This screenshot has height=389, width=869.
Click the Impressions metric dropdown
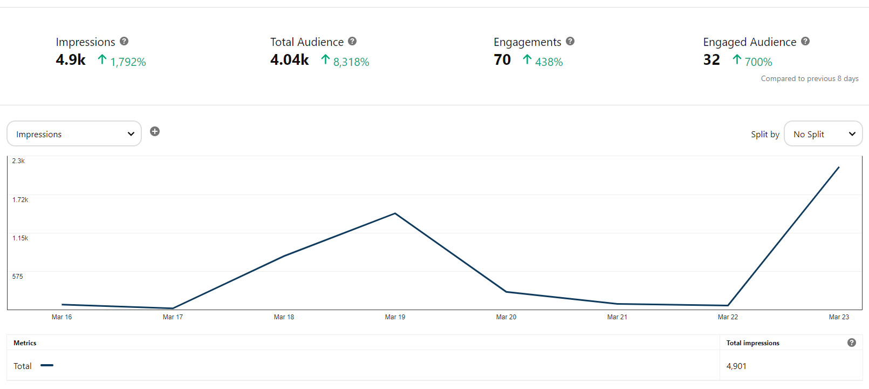pos(74,134)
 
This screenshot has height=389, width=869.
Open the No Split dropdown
pos(823,134)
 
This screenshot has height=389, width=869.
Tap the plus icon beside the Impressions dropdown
pos(155,131)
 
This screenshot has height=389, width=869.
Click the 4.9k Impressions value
pos(71,60)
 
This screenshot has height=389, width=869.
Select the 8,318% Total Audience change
pos(351,62)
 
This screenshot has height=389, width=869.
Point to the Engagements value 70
pos(502,60)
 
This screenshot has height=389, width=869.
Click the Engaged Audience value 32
pos(711,60)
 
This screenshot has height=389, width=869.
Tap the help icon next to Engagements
pos(570,41)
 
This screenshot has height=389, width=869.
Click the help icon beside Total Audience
pos(352,41)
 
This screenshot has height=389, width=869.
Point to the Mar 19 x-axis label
pos(395,317)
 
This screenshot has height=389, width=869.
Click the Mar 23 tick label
pos(839,317)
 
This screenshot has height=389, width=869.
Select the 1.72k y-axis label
pos(20,200)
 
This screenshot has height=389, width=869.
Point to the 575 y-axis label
pos(18,277)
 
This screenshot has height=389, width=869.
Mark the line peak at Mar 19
pos(395,213)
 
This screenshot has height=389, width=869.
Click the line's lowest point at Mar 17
pos(173,308)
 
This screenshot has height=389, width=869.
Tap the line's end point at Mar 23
pos(839,167)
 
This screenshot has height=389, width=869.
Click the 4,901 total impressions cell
pos(736,366)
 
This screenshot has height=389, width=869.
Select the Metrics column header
pos(25,343)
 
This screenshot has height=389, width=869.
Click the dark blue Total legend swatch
pos(47,366)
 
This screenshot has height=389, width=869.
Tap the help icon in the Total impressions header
pos(852,343)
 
